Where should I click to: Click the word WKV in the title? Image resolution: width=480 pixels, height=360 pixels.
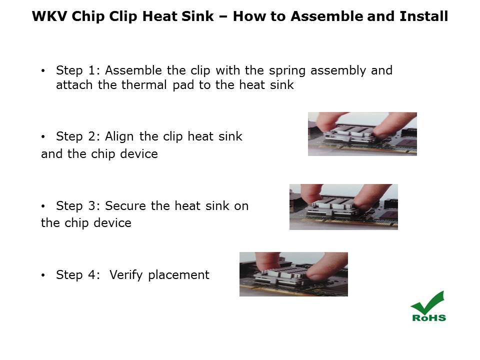coord(49,16)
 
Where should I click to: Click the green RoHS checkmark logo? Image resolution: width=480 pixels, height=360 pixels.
coord(428,306)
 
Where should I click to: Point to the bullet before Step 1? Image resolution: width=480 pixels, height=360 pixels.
coord(43,71)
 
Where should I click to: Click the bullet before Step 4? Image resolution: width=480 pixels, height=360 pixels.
coord(43,275)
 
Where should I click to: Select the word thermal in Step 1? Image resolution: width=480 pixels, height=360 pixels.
coord(144,85)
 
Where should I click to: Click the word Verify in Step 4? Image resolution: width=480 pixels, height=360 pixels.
coord(126,275)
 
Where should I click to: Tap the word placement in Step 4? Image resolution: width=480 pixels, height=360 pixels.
coord(179,275)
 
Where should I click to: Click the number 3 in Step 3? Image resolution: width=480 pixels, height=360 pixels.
coord(91,205)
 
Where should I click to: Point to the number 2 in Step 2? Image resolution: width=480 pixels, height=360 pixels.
coord(91,136)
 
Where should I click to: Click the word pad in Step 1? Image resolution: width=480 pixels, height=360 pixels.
coord(183,85)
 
